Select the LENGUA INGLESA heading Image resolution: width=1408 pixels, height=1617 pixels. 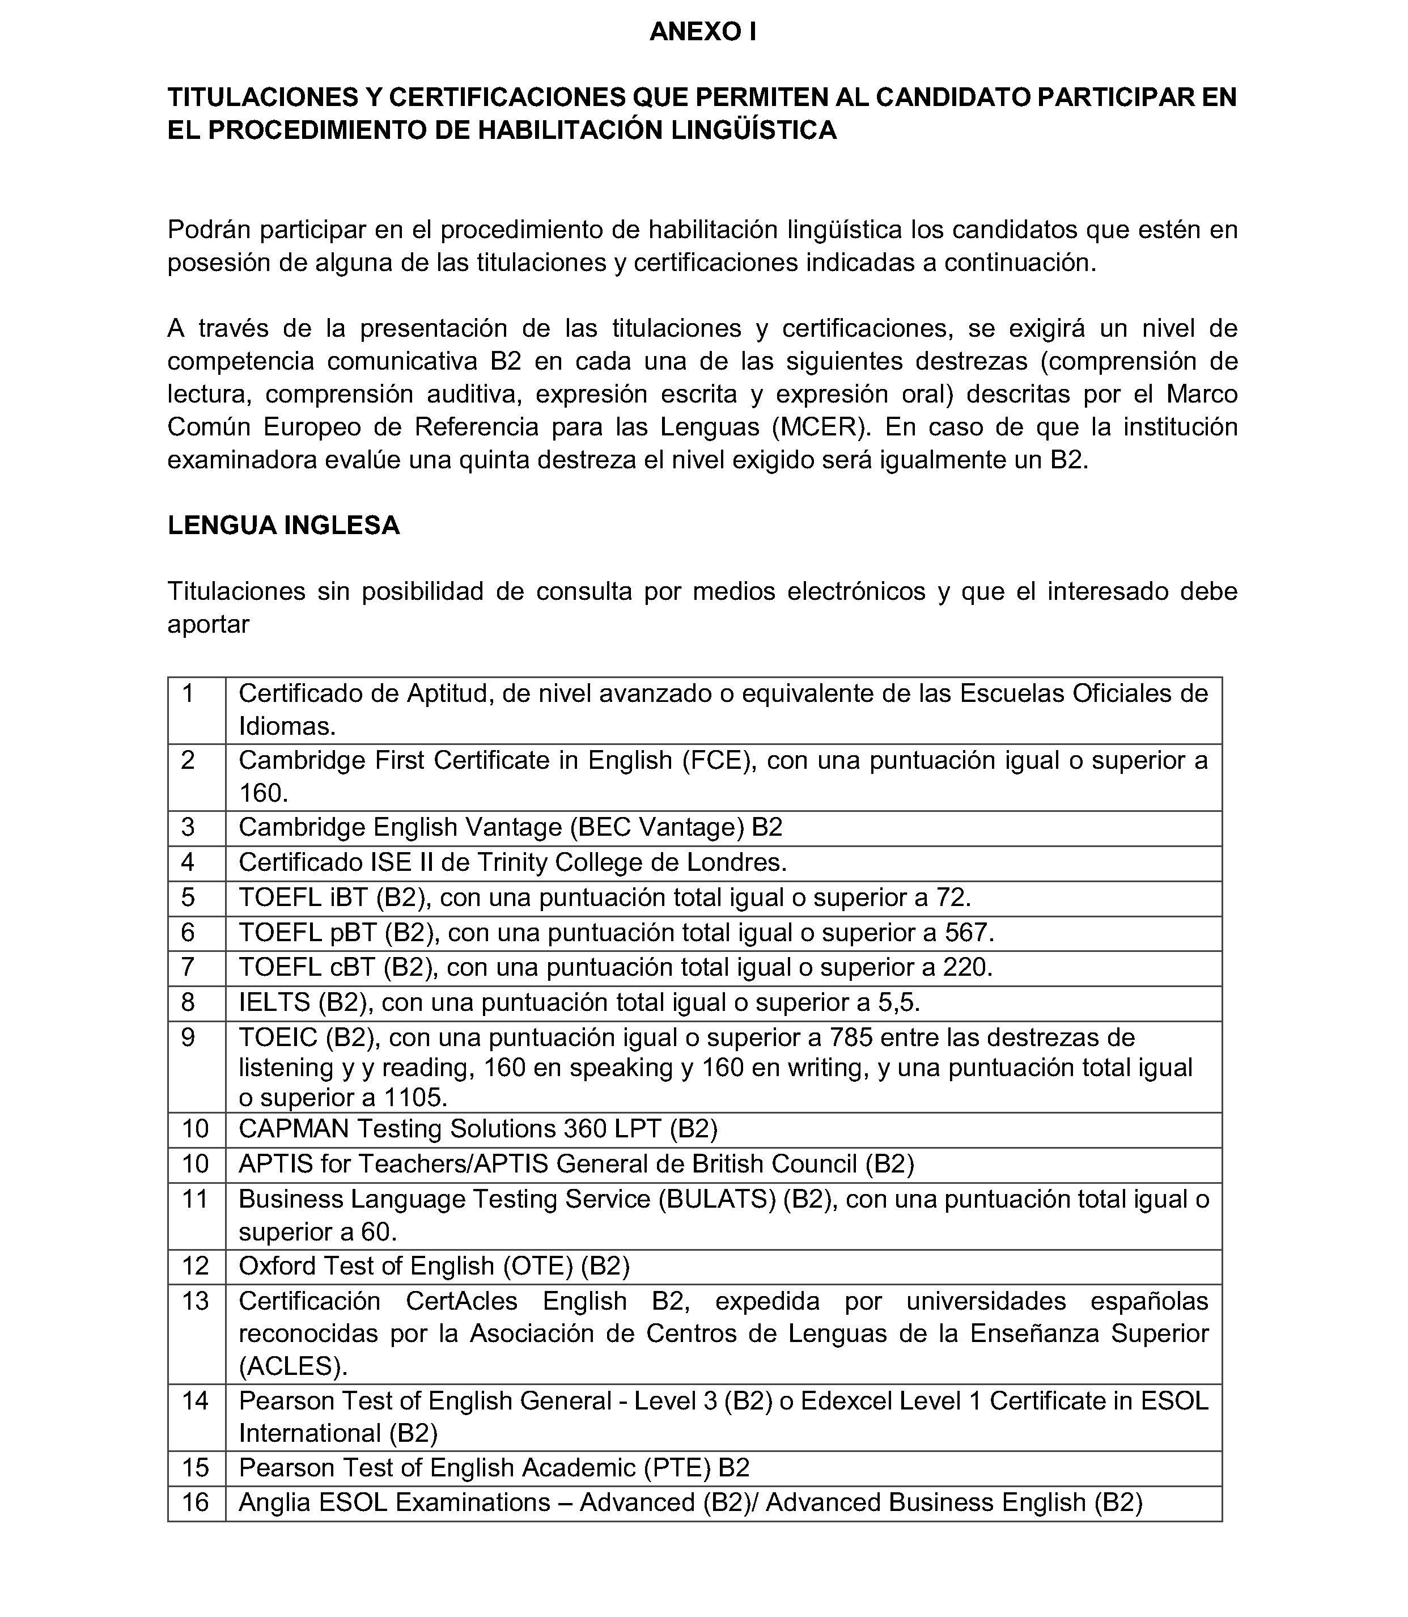[283, 525]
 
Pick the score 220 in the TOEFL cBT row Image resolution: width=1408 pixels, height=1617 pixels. [966, 967]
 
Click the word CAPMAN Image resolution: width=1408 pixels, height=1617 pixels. [294, 1129]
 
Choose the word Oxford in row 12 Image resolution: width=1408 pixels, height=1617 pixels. [277, 1266]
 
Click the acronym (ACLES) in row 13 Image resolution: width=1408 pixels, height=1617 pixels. [292, 1366]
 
